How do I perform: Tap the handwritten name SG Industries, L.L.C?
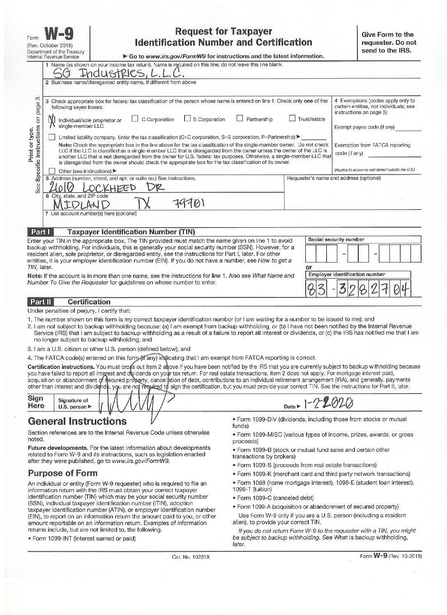pyautogui.click(x=119, y=73)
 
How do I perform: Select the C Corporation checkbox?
pyautogui.click(x=135, y=119)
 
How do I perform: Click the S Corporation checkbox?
pyautogui.click(x=187, y=119)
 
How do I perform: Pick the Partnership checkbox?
pyautogui.click(x=240, y=119)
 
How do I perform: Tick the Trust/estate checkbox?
pyautogui.click(x=292, y=119)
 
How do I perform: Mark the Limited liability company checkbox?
pyautogui.click(x=52, y=137)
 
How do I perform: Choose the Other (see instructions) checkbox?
pyautogui.click(x=52, y=171)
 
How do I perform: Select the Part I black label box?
pyautogui.click(x=40, y=232)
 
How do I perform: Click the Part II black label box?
pyautogui.click(x=40, y=302)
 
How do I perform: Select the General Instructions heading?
pyautogui.click(x=77, y=421)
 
